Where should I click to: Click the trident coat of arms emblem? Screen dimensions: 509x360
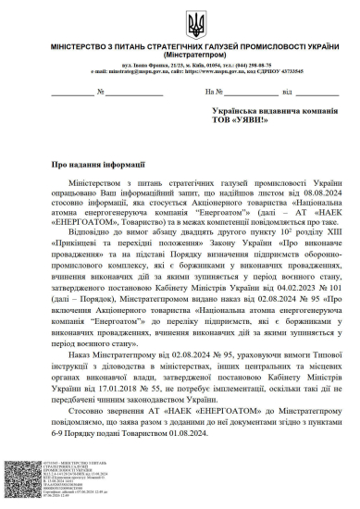(180, 24)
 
